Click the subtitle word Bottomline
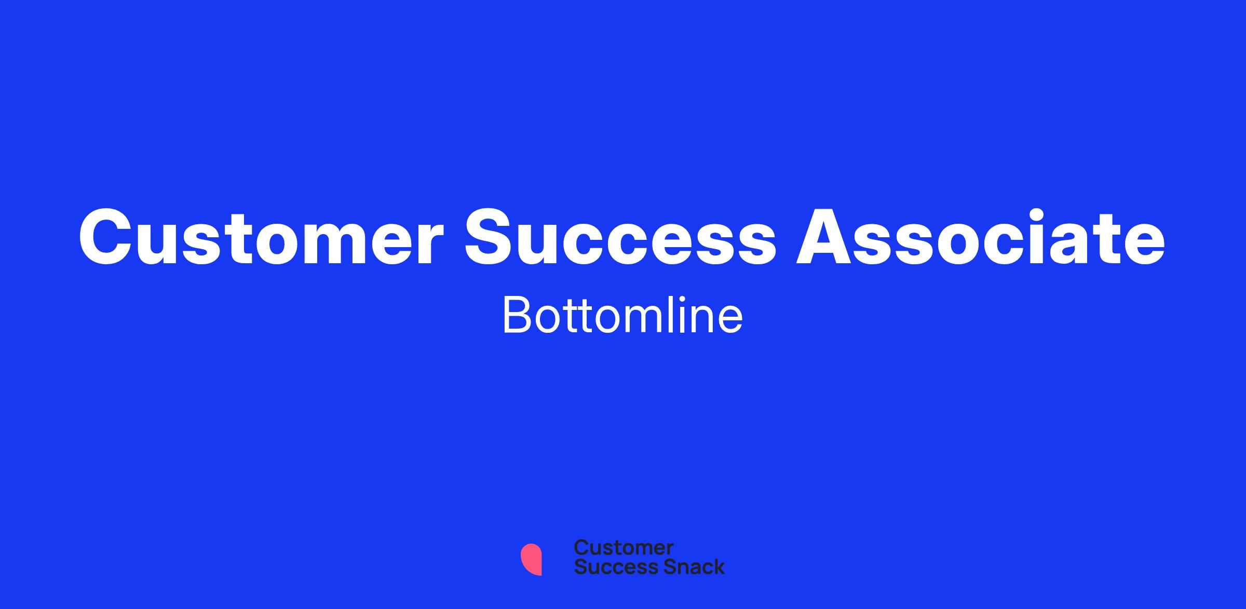pyautogui.click(x=622, y=316)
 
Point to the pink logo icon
pyautogui.click(x=532, y=560)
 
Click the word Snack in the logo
pyautogui.click(x=687, y=567)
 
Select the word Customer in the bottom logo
pyautogui.click(x=624, y=548)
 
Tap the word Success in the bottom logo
pyautogui.click(x=610, y=567)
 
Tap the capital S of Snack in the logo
pyautogui.click(x=657, y=567)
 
